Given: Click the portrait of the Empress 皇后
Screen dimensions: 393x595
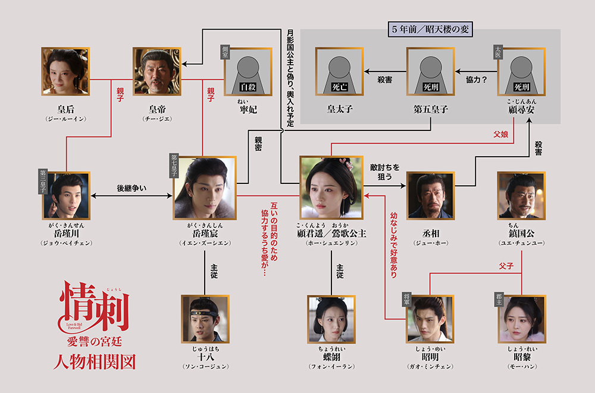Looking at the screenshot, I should (65, 71).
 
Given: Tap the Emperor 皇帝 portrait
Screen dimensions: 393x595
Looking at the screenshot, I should (156, 71).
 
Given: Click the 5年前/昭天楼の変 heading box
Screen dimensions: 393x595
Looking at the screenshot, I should (430, 30).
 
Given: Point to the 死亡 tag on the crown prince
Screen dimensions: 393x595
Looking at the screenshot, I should (339, 87).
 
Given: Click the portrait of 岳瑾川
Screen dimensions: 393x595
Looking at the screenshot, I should (65, 196).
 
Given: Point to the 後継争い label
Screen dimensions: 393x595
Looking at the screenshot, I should (131, 188).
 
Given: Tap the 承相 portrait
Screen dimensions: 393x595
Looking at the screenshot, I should (430, 195).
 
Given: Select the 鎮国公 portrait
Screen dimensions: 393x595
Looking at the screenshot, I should (521, 195).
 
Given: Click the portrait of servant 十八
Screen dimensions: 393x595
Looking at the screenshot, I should (204, 319).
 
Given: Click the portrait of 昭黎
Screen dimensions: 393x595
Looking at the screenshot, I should (521, 319).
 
